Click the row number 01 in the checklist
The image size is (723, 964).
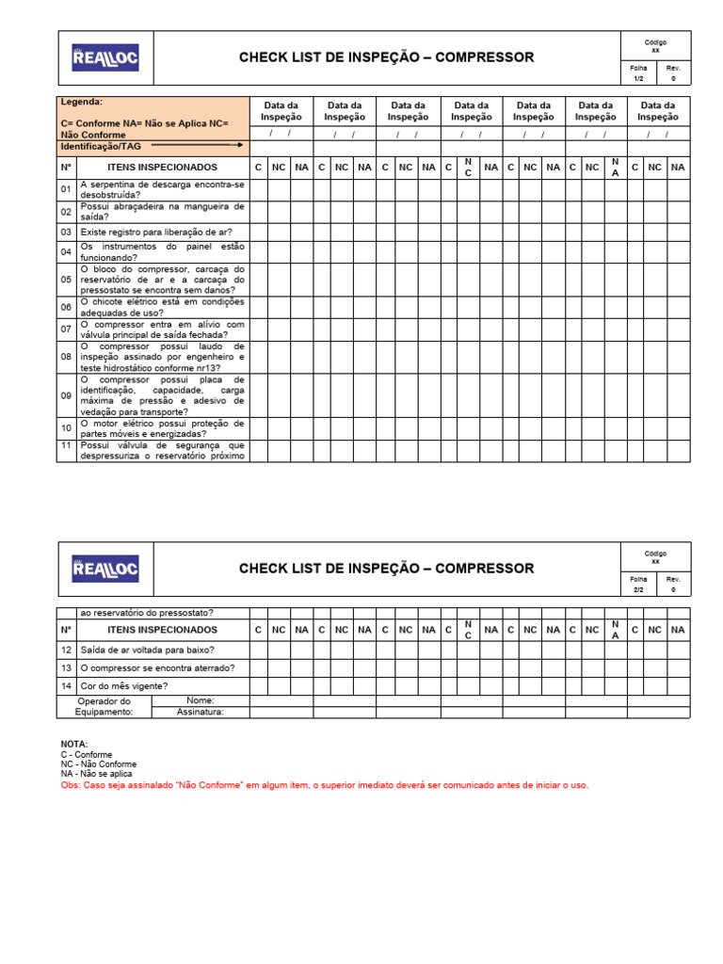click(x=67, y=189)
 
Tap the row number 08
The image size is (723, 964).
click(x=67, y=358)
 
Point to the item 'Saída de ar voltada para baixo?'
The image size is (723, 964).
click(x=148, y=650)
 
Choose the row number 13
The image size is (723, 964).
click(x=67, y=668)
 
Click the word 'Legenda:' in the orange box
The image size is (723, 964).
click(x=82, y=102)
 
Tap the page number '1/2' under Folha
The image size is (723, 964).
click(x=639, y=79)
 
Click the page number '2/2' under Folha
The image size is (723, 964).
click(x=639, y=590)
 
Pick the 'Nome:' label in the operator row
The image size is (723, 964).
click(x=201, y=700)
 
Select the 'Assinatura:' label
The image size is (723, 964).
click(x=201, y=713)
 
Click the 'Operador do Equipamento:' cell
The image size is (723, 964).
click(x=104, y=707)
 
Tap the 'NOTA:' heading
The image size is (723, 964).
click(x=74, y=745)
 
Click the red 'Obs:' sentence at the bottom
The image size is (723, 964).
click(x=324, y=785)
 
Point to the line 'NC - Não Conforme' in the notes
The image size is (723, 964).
click(x=98, y=764)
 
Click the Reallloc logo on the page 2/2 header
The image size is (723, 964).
click(x=105, y=569)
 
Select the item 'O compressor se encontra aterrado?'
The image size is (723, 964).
click(x=158, y=668)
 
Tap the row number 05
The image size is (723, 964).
click(x=67, y=280)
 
